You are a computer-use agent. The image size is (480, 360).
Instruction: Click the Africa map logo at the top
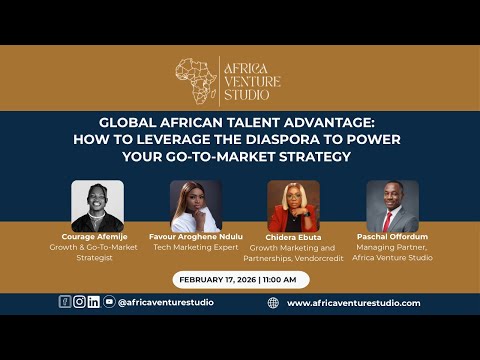point(197,81)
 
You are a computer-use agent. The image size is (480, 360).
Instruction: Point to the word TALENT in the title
point(225,125)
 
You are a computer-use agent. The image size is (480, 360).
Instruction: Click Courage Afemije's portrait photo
point(98,206)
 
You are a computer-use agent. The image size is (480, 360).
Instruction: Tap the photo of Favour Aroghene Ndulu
point(195,206)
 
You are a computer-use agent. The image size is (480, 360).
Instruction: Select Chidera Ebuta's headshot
point(293,206)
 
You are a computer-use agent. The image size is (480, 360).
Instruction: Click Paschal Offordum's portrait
point(391,206)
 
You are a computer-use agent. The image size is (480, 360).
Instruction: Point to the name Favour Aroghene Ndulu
point(195,237)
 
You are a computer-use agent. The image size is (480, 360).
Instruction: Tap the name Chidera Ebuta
point(293,237)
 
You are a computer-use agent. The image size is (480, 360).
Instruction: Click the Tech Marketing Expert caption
point(195,247)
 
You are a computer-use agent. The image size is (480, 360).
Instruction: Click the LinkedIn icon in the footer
point(94,302)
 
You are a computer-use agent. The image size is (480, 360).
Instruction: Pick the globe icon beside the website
point(273,302)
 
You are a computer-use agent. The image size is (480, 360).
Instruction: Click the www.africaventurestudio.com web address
point(353,303)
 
